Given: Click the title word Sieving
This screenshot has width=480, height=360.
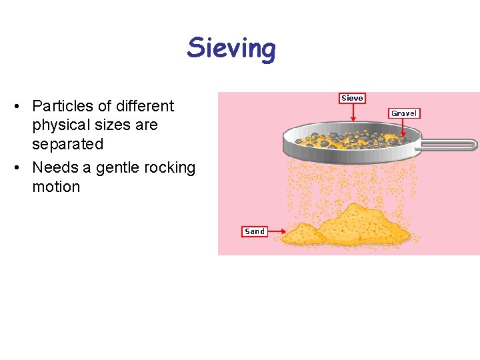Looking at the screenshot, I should click(231, 49).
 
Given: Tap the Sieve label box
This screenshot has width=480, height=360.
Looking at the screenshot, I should click(352, 98).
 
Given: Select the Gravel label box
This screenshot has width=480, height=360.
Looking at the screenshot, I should click(404, 113).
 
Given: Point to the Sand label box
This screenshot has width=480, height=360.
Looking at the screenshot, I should click(255, 231).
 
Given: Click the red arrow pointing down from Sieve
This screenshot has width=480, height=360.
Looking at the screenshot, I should click(352, 113).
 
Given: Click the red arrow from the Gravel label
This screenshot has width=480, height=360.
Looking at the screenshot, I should click(403, 130).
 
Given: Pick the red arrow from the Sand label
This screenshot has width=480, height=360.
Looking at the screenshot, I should click(277, 233).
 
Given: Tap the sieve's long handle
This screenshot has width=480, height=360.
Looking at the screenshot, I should click(449, 143).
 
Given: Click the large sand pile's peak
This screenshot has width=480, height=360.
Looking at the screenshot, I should click(363, 211).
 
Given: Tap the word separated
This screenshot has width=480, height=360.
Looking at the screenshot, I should click(67, 144).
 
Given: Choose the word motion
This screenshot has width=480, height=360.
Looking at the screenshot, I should click(56, 187).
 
